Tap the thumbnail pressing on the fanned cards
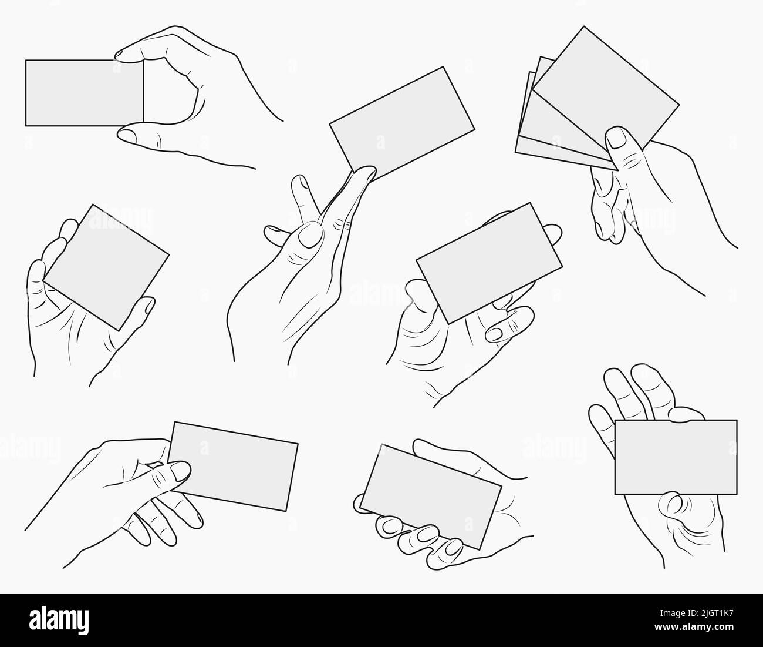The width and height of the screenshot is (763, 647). point(616,139)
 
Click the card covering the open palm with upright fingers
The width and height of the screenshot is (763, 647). point(676,457)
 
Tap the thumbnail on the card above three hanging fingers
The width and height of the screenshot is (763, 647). point(180,470)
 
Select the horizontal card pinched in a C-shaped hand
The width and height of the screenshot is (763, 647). point(85,92)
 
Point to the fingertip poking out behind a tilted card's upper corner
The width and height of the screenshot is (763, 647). point(551,233)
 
